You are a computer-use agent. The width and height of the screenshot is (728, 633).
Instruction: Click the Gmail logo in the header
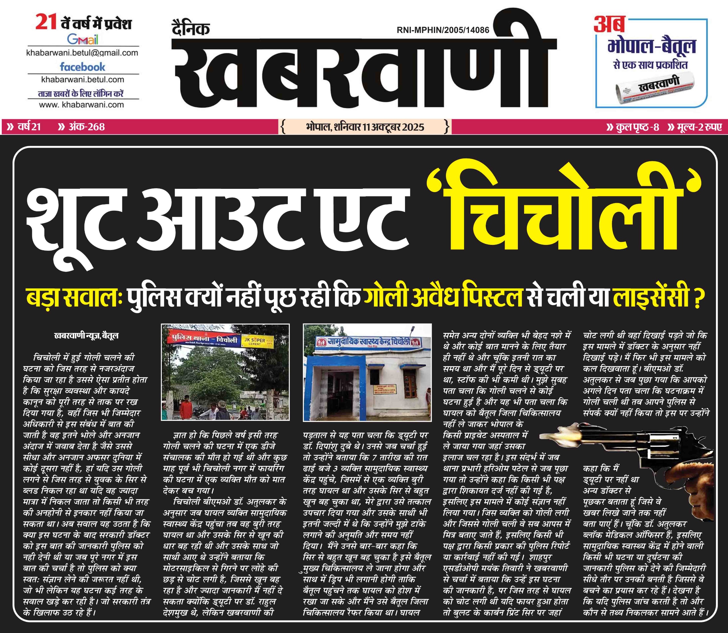[x=83, y=39]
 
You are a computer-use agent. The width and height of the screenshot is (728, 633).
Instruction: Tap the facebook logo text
[x=83, y=67]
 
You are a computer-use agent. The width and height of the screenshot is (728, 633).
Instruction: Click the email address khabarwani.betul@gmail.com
[x=82, y=53]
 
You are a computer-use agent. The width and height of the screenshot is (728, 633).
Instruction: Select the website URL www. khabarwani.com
[x=82, y=105]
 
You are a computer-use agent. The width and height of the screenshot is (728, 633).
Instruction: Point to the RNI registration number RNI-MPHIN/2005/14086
[x=443, y=30]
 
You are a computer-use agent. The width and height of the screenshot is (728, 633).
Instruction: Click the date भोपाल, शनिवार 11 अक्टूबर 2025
[x=365, y=127]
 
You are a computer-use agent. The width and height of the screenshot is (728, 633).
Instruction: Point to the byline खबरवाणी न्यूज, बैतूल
[x=86, y=336]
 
